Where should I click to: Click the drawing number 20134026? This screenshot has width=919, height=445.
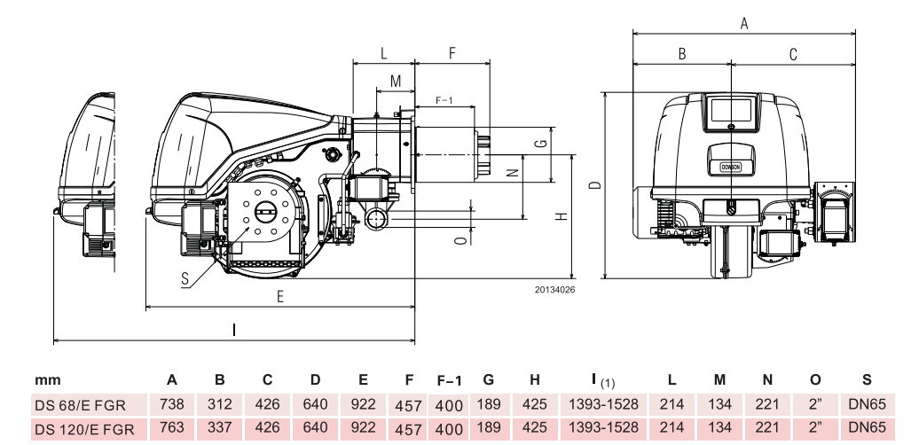coord(555,288)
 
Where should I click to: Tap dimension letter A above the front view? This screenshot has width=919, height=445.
coord(744,24)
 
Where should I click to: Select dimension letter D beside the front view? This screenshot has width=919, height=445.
coord(596,185)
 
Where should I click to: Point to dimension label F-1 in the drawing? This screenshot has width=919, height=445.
coord(444,99)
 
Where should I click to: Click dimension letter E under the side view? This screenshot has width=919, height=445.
coord(280,297)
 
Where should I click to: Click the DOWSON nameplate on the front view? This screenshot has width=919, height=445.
coord(730,166)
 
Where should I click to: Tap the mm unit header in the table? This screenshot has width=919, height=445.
coord(47,380)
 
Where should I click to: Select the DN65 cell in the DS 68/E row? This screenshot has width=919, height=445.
coord(866,404)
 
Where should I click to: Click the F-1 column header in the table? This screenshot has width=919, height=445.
coord(450,380)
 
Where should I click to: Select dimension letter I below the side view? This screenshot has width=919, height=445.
coord(233,330)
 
